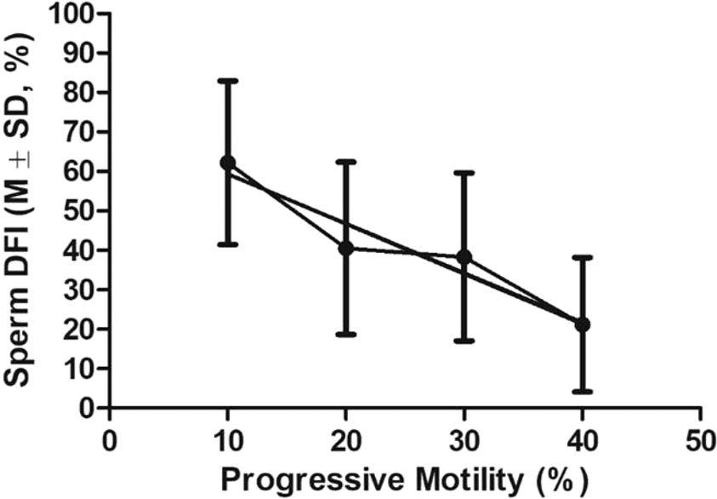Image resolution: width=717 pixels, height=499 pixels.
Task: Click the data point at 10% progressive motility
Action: click(x=228, y=163)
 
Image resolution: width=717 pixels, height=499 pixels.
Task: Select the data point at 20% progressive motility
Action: click(x=345, y=248)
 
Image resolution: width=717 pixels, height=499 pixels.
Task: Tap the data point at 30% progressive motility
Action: click(x=464, y=256)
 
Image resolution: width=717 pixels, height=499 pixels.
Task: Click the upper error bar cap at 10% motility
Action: click(x=228, y=80)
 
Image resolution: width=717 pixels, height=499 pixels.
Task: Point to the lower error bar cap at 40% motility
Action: click(x=582, y=392)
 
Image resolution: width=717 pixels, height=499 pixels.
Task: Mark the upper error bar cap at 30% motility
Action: click(x=464, y=172)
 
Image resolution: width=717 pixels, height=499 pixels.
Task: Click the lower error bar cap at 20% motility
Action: click(x=345, y=335)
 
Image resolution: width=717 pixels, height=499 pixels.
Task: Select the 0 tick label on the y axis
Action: click(x=88, y=409)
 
